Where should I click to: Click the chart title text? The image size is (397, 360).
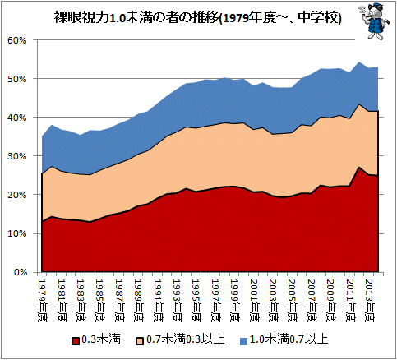click(x=197, y=18)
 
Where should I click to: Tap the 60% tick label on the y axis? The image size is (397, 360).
click(x=17, y=40)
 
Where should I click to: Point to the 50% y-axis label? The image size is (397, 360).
click(x=17, y=79)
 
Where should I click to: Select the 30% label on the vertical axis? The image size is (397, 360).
click(x=17, y=156)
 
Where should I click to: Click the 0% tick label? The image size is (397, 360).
click(x=20, y=272)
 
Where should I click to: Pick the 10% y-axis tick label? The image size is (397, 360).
click(x=17, y=233)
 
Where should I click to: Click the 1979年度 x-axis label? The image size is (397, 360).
click(x=42, y=301)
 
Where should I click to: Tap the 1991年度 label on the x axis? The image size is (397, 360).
click(x=158, y=301)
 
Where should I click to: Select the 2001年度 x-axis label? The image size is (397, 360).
click(x=254, y=301)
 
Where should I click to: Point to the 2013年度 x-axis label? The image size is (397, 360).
click(x=369, y=301)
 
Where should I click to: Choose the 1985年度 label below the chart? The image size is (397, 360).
click(x=100, y=301)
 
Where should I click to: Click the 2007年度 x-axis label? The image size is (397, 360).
click(x=312, y=301)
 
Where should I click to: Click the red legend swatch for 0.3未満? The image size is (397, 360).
click(x=76, y=341)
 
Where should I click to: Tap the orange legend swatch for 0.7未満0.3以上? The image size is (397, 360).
click(x=140, y=341)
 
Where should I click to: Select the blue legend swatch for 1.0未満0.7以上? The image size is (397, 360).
click(x=243, y=341)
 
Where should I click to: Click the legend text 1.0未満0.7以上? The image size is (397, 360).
click(x=289, y=339)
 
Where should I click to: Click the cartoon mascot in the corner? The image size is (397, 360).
click(x=374, y=21)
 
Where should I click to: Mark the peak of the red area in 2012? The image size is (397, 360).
click(x=359, y=167)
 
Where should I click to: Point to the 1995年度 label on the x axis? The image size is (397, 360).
click(x=196, y=301)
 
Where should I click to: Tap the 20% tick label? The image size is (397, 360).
click(x=17, y=195)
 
